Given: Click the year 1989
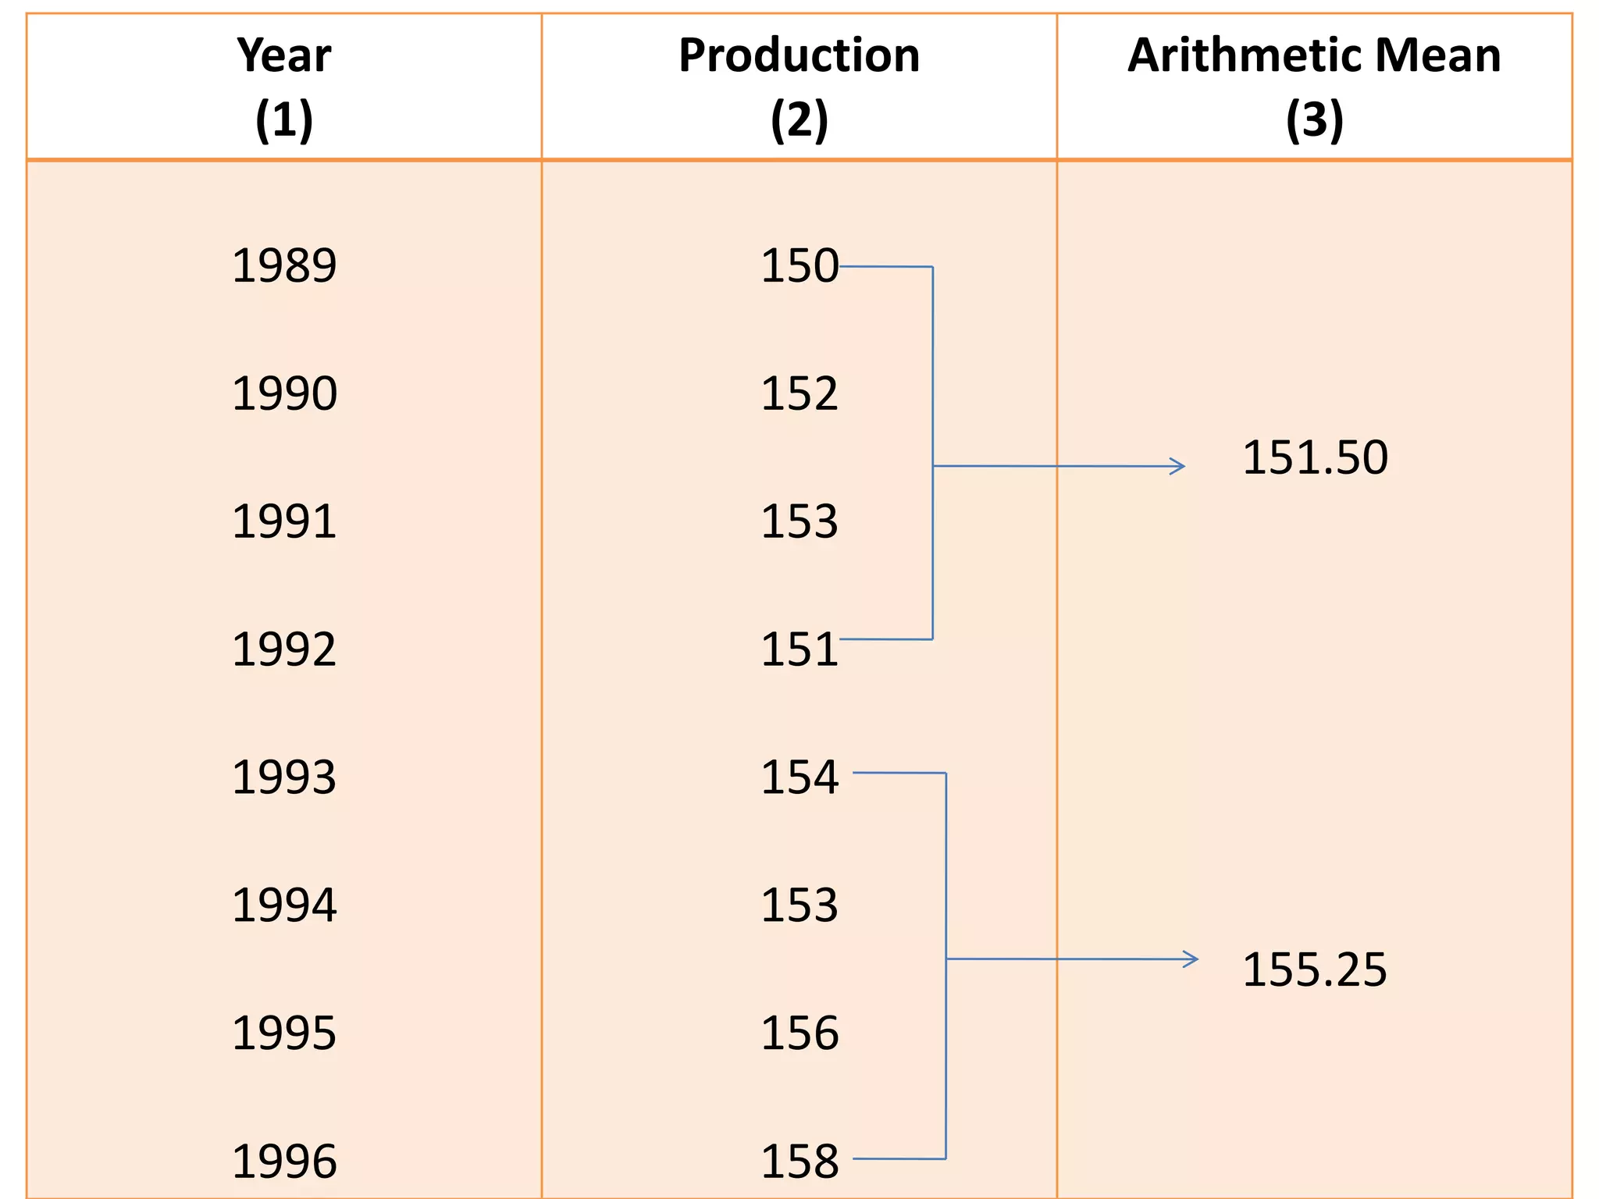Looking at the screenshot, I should pos(284,266).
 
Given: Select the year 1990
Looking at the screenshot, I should pos(284,394).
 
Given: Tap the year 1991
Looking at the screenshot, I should pos(284,522).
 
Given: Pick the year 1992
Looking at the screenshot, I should pos(284,650).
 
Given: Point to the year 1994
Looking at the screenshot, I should pos(284,906).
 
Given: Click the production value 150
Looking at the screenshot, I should pos(799,266).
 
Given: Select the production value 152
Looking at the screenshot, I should pos(799,394).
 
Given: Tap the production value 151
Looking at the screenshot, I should pos(799,650).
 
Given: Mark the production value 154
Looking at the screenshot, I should pos(799,778).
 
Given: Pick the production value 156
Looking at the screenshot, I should pos(799,1034).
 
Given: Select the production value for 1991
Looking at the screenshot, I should pos(799,522).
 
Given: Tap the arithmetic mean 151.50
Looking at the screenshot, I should pos(1315,458).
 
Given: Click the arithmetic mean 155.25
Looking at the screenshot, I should pos(1315,970).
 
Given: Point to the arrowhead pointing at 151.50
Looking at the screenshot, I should pos(1179,467).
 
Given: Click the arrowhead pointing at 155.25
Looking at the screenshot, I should pos(1192,959).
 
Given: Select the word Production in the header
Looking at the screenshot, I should pos(799,56).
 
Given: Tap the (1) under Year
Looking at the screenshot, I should pos(284,120).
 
